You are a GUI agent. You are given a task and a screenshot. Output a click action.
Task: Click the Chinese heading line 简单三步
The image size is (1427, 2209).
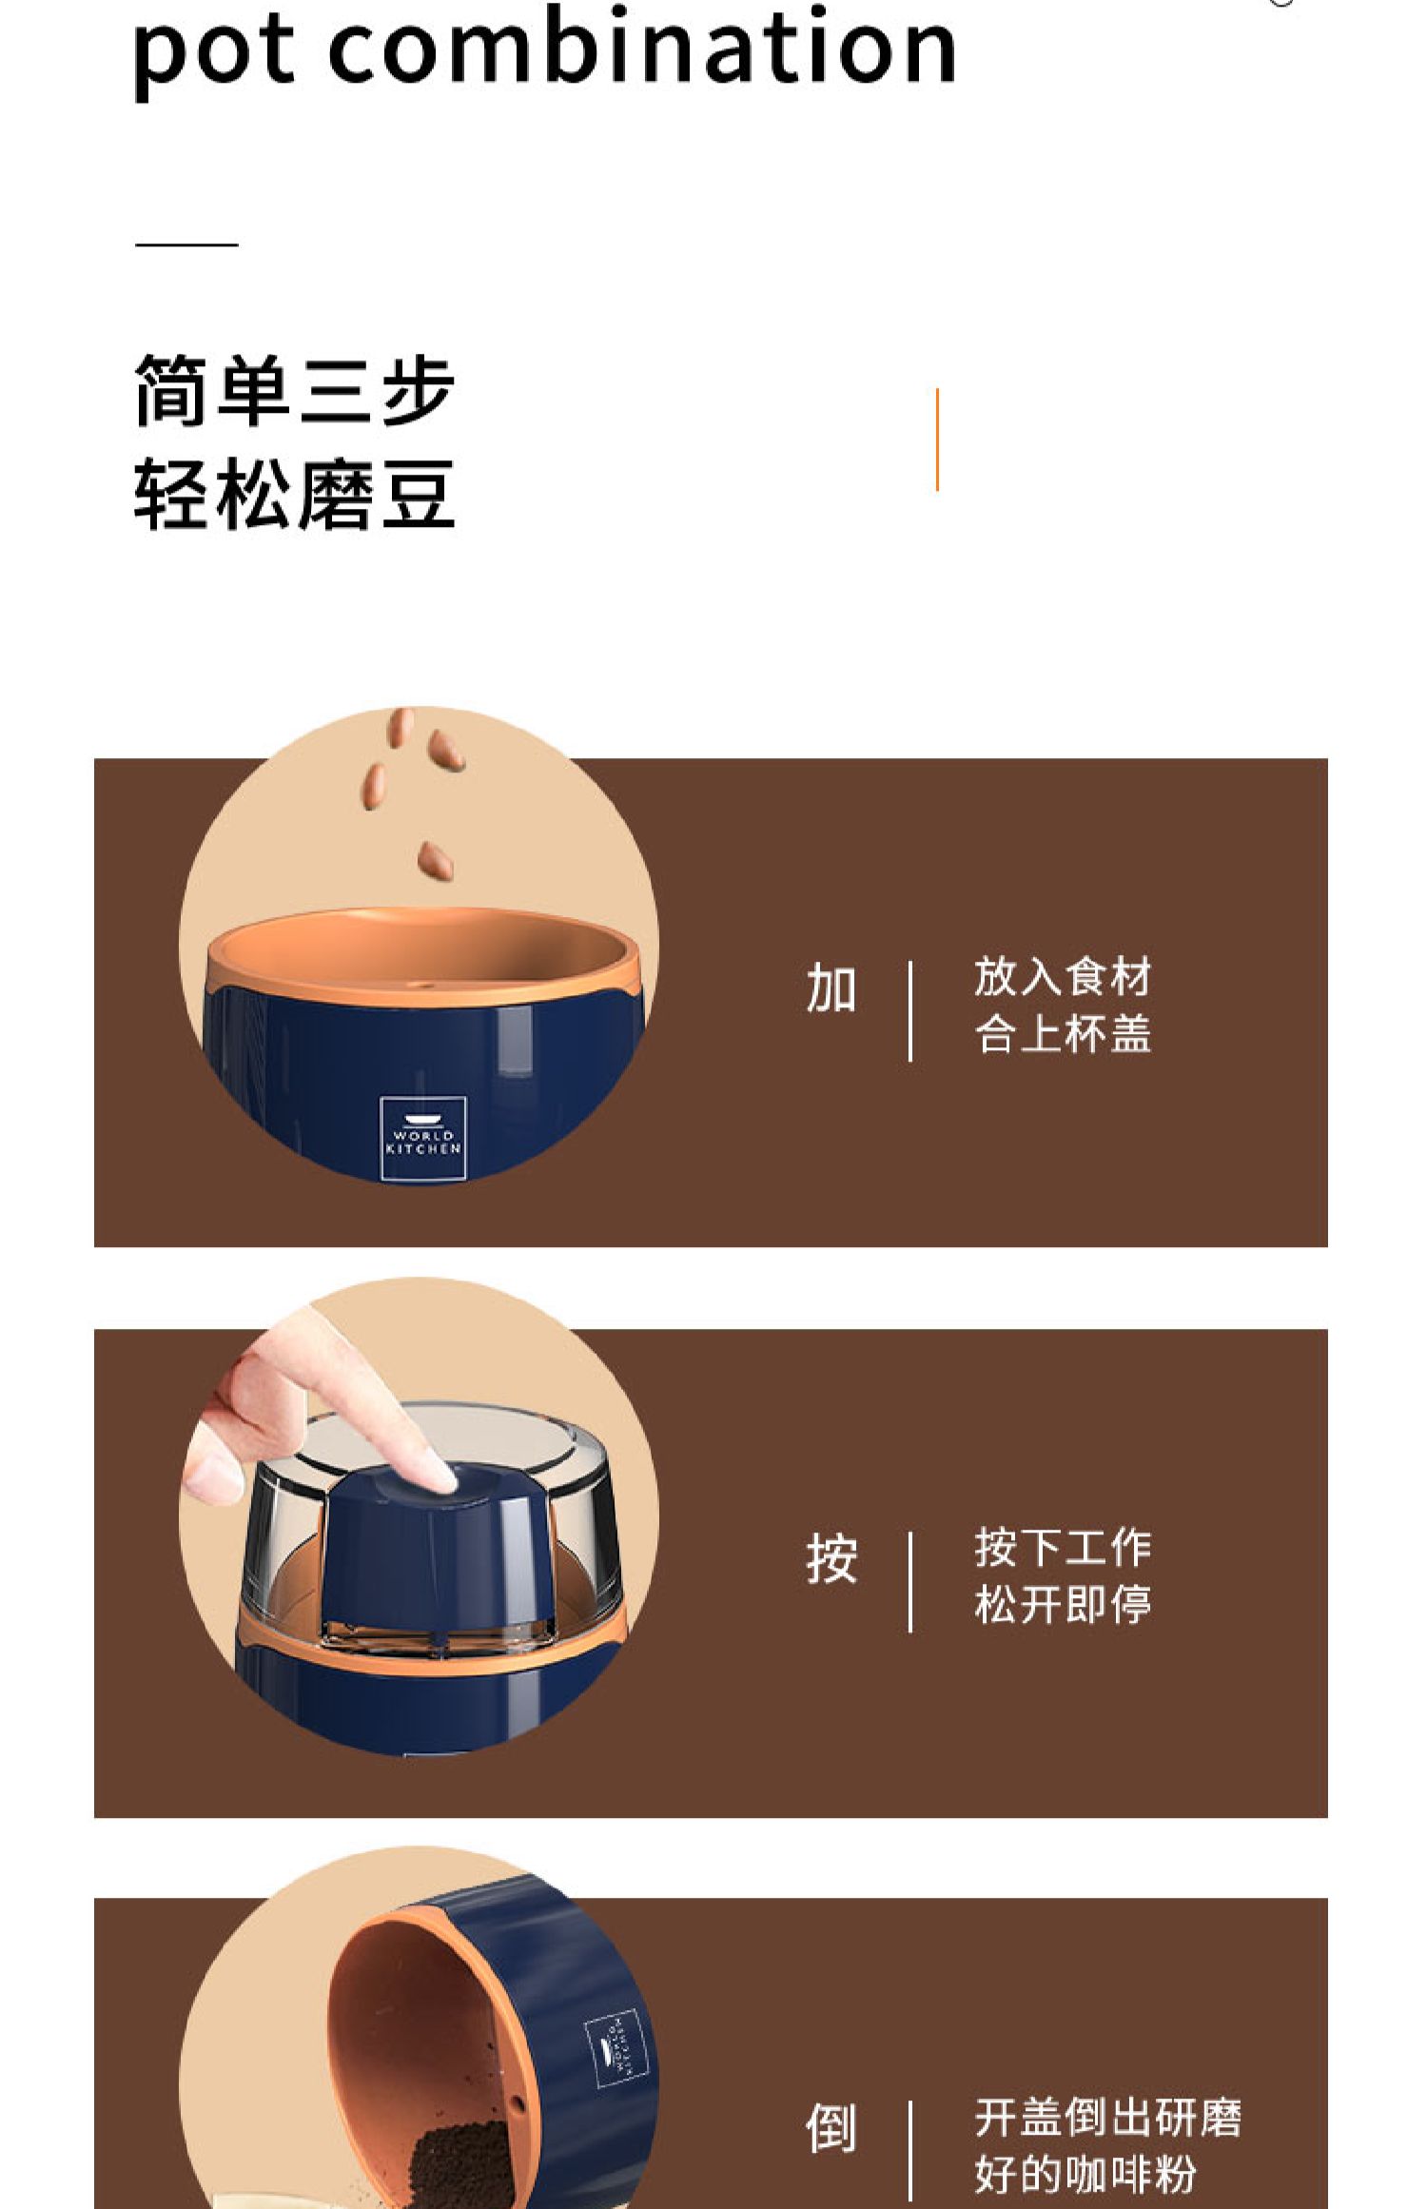click(x=295, y=390)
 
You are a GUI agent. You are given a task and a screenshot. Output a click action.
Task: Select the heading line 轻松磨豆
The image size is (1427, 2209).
click(x=295, y=493)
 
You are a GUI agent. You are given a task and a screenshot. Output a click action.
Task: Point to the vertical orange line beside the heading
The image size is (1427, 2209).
click(x=937, y=440)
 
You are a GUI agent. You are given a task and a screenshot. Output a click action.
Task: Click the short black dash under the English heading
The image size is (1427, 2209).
click(x=186, y=244)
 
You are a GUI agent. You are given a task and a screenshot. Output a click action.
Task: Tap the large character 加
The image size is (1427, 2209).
click(x=831, y=988)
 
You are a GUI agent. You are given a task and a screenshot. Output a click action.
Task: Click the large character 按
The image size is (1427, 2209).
click(x=831, y=1559)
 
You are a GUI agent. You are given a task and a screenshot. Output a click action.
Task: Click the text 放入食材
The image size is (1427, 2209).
click(x=1063, y=977)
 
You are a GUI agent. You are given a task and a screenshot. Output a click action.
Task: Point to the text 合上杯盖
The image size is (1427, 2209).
click(x=1063, y=1034)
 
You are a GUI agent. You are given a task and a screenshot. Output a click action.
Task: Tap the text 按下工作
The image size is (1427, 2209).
click(x=1063, y=1548)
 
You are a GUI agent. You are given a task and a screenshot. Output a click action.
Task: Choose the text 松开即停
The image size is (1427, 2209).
click(x=1063, y=1605)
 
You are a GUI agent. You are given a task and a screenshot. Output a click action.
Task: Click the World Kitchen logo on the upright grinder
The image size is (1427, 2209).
click(x=423, y=1139)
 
